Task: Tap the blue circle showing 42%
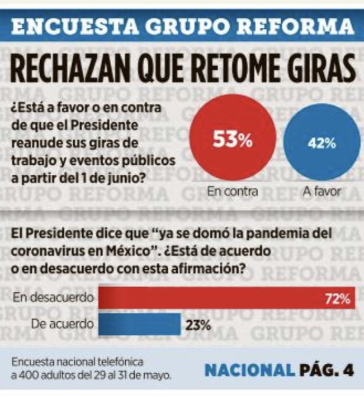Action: (322, 142)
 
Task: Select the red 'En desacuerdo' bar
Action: (227, 298)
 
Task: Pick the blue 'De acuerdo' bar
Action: (139, 324)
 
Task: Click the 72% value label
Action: (337, 299)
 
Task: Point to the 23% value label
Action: (198, 325)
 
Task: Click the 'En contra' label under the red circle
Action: (232, 191)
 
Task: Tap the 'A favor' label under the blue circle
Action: (321, 192)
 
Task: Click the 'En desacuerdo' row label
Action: (53, 298)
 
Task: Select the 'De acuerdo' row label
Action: (63, 324)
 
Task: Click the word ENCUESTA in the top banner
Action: (75, 26)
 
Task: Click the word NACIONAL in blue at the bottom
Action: (250, 371)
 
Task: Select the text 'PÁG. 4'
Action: (326, 371)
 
